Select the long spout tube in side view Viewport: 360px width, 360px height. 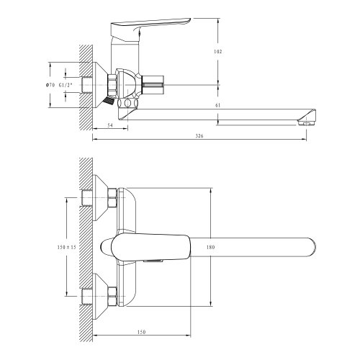coord(216,112)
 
